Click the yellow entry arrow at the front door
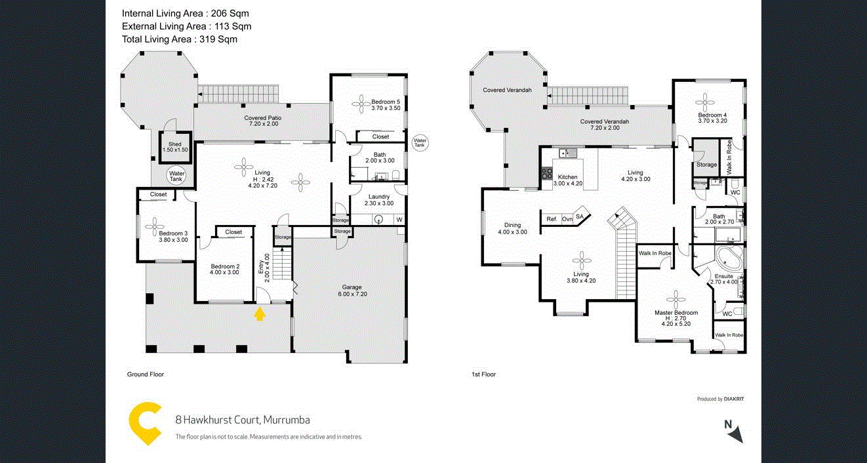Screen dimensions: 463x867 click(x=260, y=313)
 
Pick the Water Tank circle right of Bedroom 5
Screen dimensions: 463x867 click(x=420, y=142)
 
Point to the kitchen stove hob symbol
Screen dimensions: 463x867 click(x=546, y=174)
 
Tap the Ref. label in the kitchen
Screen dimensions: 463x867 click(x=552, y=219)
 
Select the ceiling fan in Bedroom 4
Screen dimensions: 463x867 click(x=706, y=102)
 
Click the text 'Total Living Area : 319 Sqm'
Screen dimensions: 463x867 click(x=180, y=39)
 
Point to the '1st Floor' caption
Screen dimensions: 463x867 click(x=483, y=374)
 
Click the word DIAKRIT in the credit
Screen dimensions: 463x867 click(x=734, y=399)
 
